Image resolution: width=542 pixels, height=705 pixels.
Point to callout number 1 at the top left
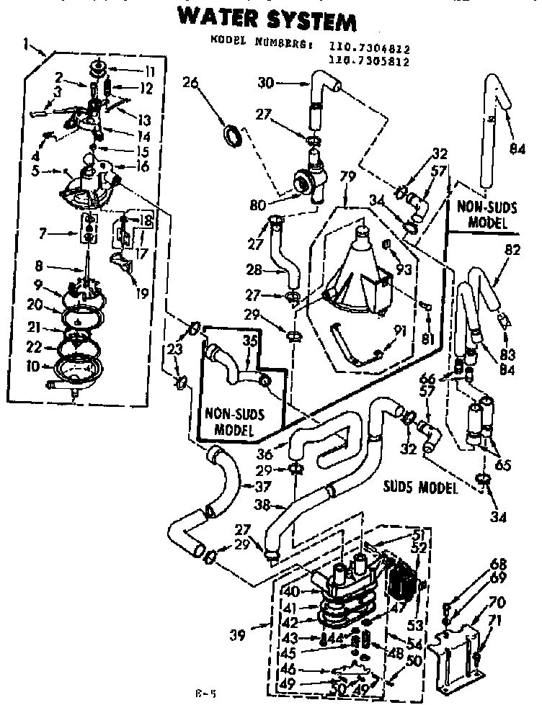coord(27,44)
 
